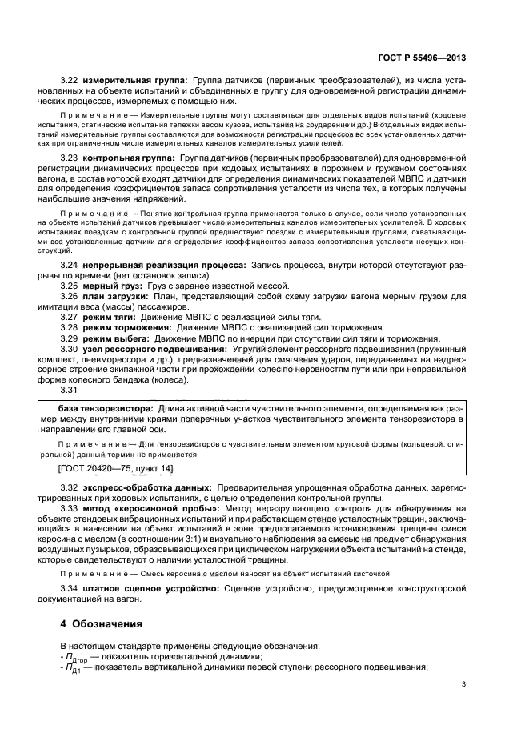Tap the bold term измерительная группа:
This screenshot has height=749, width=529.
133,81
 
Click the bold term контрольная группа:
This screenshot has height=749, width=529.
129,160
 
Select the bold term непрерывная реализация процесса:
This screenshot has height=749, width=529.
163,263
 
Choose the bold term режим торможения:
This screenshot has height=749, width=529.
126,328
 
